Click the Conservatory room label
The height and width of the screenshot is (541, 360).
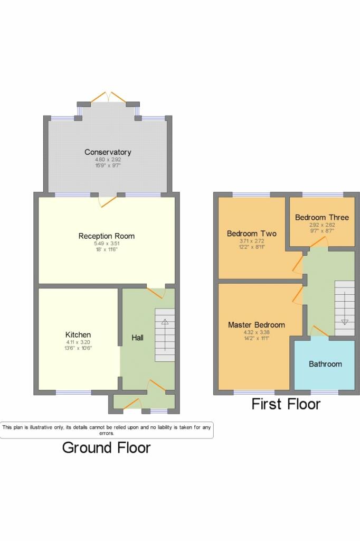coord(108,152)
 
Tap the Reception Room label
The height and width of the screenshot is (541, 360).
coord(107,236)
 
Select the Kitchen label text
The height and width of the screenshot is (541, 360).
coord(78,334)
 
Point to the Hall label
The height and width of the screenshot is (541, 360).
coord(138,338)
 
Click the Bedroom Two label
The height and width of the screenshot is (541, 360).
coord(252,234)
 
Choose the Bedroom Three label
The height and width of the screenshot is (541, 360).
coord(322,217)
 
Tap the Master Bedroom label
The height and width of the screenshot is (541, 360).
coord(257,325)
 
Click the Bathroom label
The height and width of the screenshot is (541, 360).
coord(325,364)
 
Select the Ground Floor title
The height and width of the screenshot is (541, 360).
coord(106,448)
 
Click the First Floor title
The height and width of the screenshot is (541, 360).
coord(286,404)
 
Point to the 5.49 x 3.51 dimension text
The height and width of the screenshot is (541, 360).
coord(107,244)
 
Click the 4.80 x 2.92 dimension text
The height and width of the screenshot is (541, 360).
coord(108,160)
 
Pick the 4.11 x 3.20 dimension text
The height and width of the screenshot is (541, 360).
coord(78,342)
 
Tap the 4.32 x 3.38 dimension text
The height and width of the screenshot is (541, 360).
coord(257,332)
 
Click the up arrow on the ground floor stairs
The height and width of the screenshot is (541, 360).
coord(165,334)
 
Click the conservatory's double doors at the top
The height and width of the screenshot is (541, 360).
coord(108,97)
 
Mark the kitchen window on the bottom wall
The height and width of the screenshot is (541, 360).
coord(73,393)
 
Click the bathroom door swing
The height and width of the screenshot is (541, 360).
coord(320,331)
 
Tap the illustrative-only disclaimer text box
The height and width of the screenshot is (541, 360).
coord(107,430)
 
